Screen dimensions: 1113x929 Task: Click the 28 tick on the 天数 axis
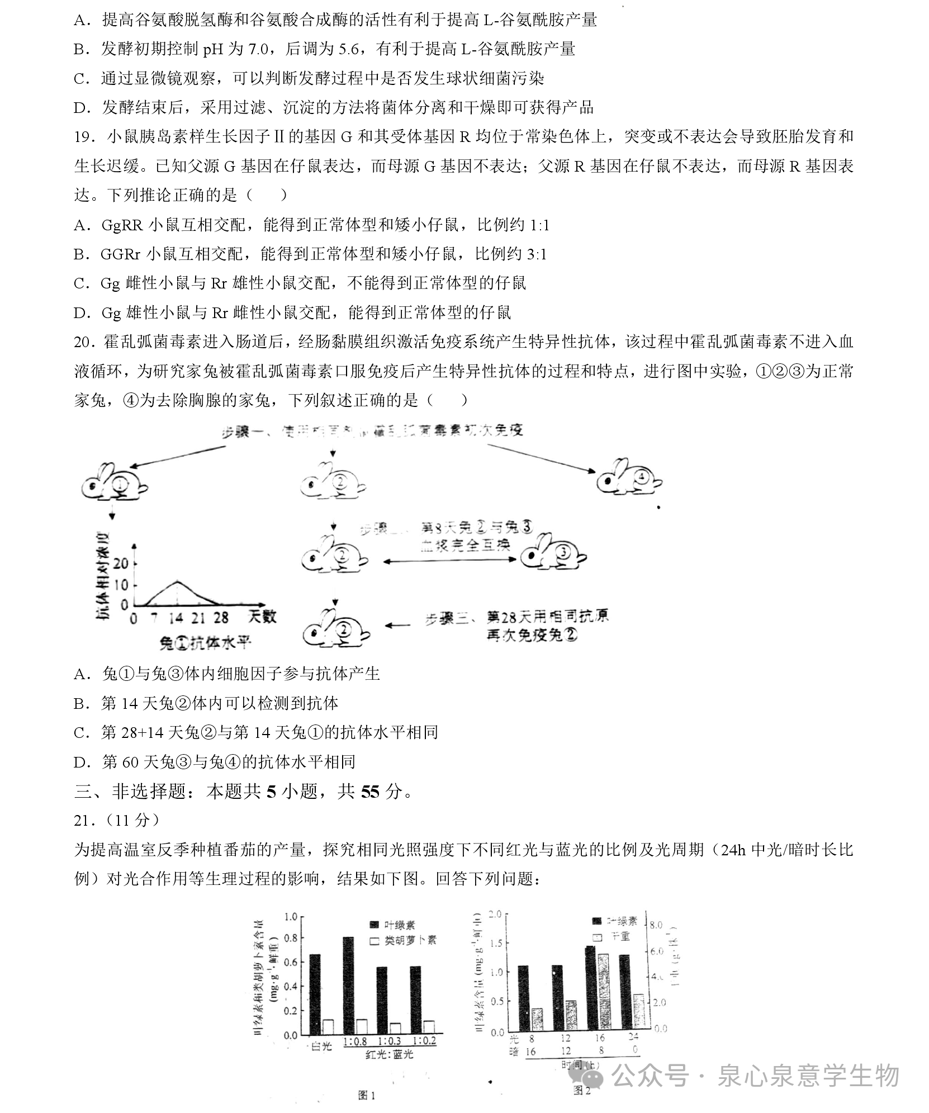pos(221,618)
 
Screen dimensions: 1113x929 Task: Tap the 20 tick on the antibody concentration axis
pos(121,563)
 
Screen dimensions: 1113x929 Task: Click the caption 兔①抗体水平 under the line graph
pos(205,642)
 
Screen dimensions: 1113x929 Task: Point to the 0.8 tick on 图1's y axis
pos(291,937)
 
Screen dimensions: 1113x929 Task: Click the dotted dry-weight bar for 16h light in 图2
pos(603,990)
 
